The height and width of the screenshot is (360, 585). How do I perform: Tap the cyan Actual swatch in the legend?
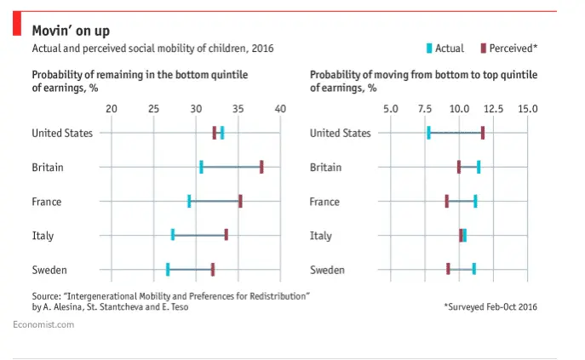point(428,49)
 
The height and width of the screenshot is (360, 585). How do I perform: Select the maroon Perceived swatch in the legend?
point(483,49)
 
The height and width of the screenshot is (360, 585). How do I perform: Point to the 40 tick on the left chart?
point(280,109)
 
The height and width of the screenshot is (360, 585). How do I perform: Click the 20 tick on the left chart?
point(111,109)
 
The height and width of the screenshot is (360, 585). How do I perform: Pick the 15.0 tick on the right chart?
point(528,109)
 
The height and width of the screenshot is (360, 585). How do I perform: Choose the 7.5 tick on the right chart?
point(425,109)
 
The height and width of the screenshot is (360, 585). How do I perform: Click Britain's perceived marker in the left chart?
point(261,167)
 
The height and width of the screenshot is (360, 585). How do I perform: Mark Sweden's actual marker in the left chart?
point(168,270)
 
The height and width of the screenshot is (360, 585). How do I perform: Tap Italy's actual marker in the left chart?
point(173,235)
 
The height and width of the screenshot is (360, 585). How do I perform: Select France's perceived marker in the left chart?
point(240,201)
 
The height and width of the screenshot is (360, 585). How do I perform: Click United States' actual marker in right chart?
point(428,133)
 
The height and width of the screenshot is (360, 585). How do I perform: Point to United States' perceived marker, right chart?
point(483,133)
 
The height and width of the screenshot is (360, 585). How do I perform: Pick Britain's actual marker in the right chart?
point(479,167)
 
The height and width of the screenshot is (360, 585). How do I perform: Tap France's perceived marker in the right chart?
point(446,201)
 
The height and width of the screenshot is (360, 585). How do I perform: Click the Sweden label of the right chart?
point(327,270)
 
